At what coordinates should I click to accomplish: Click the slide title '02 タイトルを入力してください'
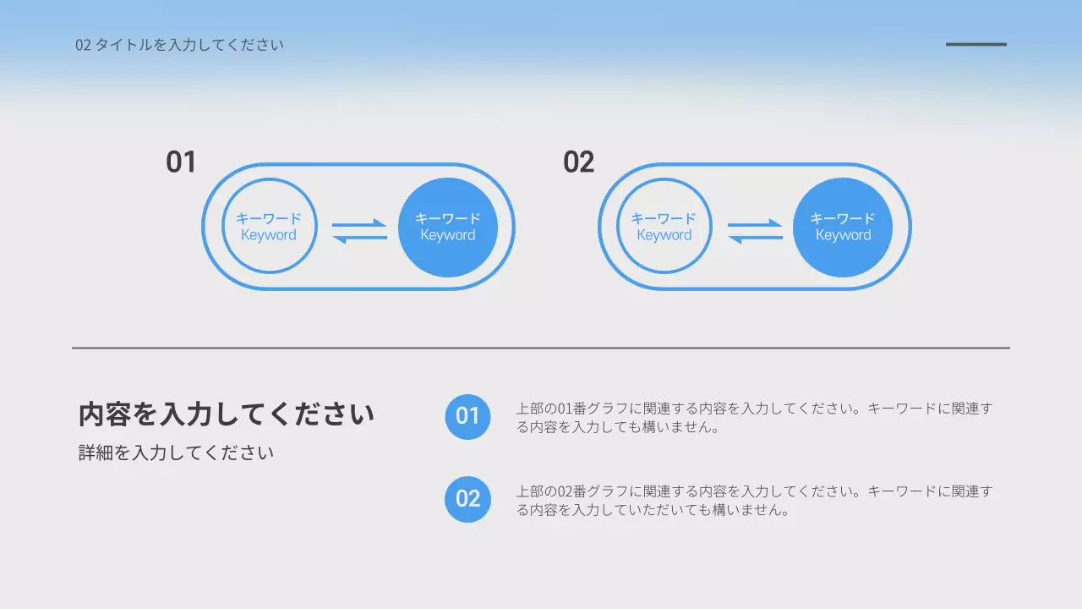[179, 45]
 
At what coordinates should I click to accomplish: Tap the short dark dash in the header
[975, 44]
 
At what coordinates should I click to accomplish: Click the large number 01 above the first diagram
[181, 162]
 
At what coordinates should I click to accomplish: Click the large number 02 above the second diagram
[579, 162]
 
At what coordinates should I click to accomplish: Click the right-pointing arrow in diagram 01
[360, 224]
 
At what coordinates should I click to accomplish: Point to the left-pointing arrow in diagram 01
[358, 238]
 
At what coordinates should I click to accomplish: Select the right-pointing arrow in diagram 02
[756, 224]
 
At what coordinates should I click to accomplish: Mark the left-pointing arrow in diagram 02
[754, 238]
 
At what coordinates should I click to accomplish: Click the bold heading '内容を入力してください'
[226, 415]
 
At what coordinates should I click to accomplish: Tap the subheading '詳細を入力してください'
[176, 453]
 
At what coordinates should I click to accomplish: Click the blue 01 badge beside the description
[467, 416]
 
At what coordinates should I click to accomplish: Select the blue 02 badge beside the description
[467, 499]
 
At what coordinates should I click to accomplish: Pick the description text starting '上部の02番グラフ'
[754, 501]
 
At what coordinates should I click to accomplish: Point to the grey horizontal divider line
[541, 348]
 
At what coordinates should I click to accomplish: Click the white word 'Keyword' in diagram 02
[843, 235]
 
